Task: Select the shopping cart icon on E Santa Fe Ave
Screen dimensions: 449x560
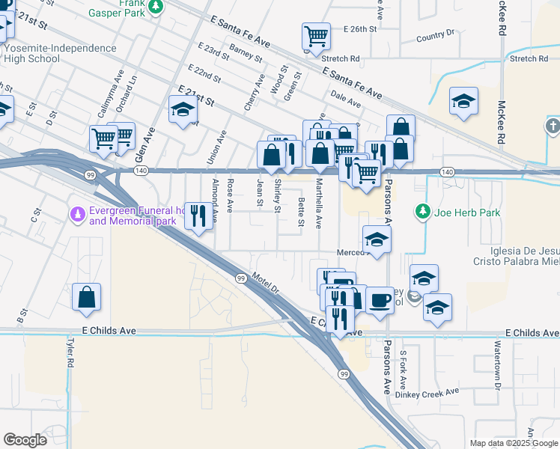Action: pos(316,35)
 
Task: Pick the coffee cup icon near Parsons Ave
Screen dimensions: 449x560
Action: pos(380,300)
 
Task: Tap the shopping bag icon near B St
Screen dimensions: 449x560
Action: pos(87,296)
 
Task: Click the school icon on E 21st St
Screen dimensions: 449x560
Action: pos(182,110)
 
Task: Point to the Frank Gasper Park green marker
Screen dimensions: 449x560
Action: pos(155,7)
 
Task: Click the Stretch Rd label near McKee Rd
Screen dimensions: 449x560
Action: pos(529,58)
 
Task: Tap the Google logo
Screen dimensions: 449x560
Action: pos(25,440)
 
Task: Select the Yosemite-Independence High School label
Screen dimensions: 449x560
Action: pos(60,53)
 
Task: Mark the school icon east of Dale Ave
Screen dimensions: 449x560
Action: pos(463,101)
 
